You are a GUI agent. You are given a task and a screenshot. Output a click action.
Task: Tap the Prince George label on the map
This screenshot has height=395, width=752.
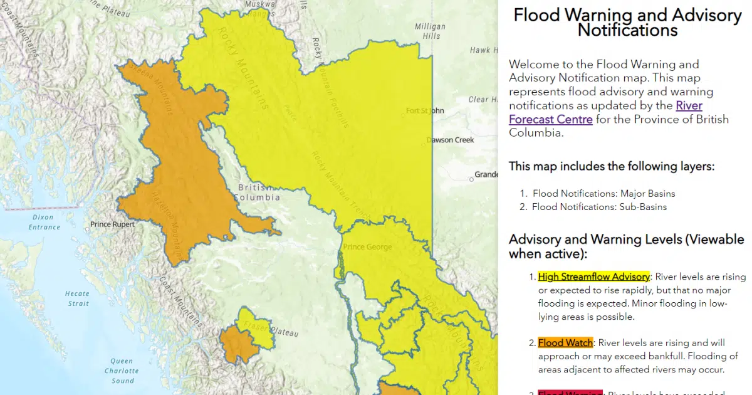pyautogui.click(x=367, y=247)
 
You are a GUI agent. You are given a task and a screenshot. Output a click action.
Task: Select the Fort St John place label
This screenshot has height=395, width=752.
pyautogui.click(x=425, y=111)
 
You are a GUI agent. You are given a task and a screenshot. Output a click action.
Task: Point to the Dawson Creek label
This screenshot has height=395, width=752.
pyautogui.click(x=450, y=140)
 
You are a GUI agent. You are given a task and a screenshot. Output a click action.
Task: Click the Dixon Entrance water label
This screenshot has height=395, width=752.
pyautogui.click(x=44, y=222)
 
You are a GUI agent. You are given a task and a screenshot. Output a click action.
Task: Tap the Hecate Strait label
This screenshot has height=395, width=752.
pyautogui.click(x=77, y=298)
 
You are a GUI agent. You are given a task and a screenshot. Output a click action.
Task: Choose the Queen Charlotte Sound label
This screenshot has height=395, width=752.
pyautogui.click(x=122, y=371)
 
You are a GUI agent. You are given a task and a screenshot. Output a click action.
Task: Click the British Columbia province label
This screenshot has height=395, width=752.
pyautogui.click(x=256, y=192)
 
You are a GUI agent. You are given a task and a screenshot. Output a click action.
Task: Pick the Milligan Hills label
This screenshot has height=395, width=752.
pyautogui.click(x=431, y=31)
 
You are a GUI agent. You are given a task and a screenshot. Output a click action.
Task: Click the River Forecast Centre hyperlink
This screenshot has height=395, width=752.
pyautogui.click(x=605, y=112)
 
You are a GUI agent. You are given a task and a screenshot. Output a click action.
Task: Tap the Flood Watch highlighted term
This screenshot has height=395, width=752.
pyautogui.click(x=565, y=343)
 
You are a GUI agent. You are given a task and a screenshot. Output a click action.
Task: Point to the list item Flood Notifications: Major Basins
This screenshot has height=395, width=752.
pyautogui.click(x=603, y=193)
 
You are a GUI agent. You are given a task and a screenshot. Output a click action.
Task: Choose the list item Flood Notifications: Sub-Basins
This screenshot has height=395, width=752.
pyautogui.click(x=599, y=207)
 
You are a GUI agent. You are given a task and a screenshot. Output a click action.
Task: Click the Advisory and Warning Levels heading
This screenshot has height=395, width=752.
pyautogui.click(x=626, y=246)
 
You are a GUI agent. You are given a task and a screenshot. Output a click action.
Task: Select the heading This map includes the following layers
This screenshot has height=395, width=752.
pyautogui.click(x=611, y=166)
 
